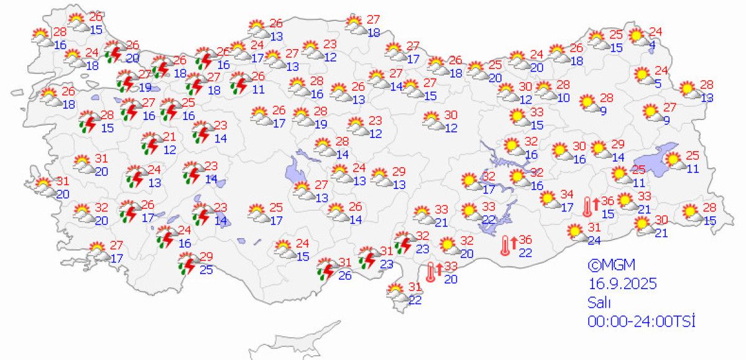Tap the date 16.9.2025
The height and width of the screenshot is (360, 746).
(x=622, y=284)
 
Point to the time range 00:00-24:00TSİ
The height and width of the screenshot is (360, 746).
(x=640, y=321)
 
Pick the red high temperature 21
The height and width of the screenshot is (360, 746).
(x=169, y=137)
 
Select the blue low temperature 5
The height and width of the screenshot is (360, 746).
(x=658, y=83)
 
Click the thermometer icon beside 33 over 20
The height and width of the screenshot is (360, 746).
(x=430, y=272)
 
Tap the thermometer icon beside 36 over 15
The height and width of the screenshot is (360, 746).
(x=586, y=206)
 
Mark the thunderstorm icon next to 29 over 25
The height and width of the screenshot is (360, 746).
(x=188, y=263)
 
